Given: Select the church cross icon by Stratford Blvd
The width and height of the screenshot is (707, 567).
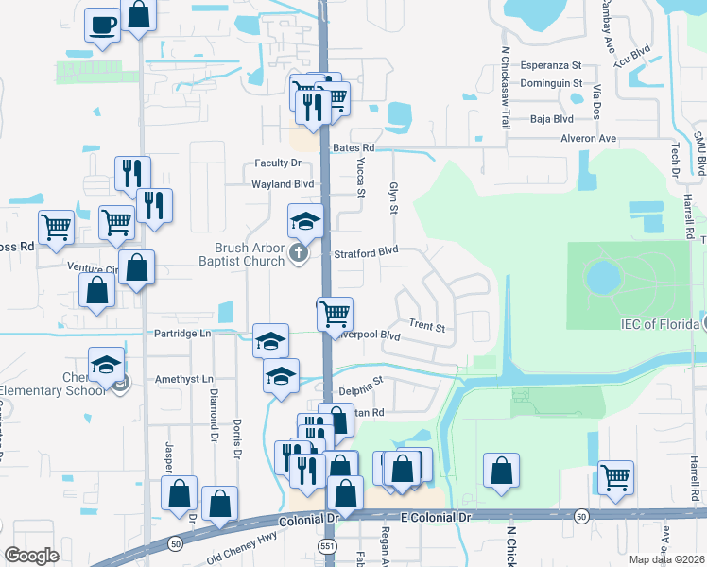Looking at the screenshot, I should (299, 252).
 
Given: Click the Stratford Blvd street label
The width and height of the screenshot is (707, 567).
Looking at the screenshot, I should (367, 253).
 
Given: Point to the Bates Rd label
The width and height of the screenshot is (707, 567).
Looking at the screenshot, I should (353, 148).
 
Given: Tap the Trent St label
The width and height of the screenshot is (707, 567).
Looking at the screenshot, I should (427, 326).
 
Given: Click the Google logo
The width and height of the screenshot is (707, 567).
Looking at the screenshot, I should (31, 556).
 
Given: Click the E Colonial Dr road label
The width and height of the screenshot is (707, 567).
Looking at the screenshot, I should (435, 518).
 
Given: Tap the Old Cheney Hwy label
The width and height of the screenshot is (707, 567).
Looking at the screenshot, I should (237, 547).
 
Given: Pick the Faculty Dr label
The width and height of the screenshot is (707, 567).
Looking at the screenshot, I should (278, 163).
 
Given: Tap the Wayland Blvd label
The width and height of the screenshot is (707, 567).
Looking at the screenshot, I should (282, 184).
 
